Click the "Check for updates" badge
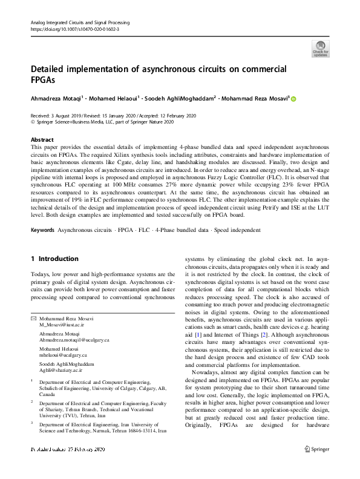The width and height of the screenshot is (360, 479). coord(320,48)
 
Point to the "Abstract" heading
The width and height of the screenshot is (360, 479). coord(42,140)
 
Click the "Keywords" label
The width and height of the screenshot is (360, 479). coord(42,231)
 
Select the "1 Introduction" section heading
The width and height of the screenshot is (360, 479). coord(54,259)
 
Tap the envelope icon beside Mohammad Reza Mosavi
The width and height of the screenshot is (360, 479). coord(33,319)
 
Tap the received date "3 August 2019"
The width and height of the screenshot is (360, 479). coord(69,115)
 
